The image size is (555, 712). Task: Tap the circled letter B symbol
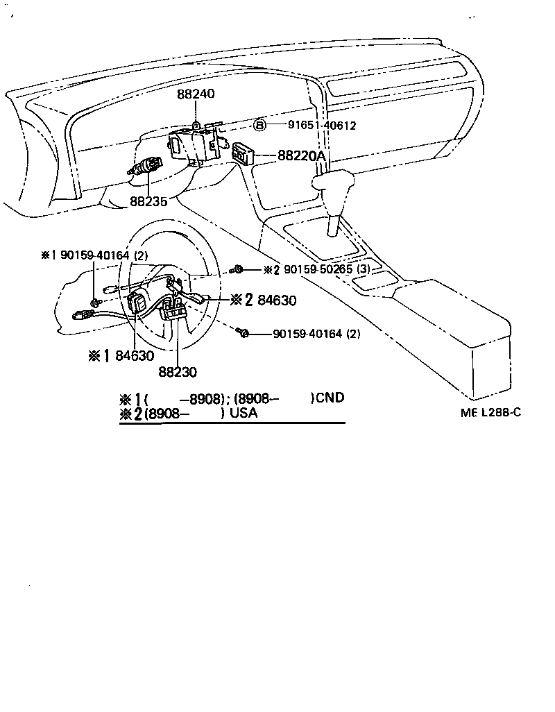click(259, 125)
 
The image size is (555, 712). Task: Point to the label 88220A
click(301, 156)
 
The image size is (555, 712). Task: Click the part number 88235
click(149, 201)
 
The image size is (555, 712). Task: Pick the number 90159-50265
click(318, 269)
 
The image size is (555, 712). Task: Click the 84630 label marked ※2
click(277, 300)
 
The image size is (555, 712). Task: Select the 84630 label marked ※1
click(135, 355)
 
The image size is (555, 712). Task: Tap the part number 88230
click(178, 372)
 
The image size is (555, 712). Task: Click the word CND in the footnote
click(328, 398)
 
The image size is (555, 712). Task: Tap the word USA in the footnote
click(244, 414)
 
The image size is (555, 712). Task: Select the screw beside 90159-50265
click(239, 269)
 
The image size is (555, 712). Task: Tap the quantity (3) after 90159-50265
click(366, 269)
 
